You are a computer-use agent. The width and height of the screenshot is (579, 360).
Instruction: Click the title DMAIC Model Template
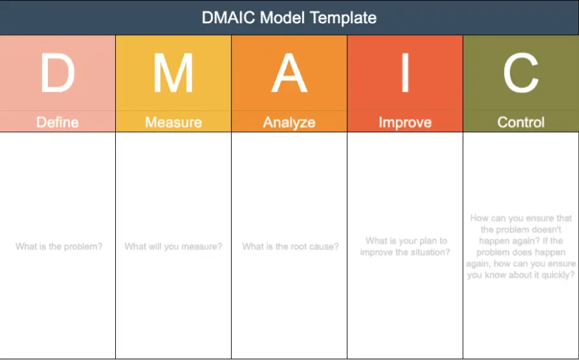[x=289, y=17]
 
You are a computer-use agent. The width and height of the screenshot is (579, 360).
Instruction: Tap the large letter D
[x=58, y=73]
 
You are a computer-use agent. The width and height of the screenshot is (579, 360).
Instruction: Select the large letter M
[x=173, y=73]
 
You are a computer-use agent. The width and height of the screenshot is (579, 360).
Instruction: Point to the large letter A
[x=289, y=73]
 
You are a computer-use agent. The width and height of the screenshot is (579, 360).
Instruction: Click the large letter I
[x=405, y=73]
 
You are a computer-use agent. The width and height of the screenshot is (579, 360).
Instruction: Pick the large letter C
[x=521, y=73]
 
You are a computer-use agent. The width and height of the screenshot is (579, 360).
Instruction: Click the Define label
[x=58, y=122]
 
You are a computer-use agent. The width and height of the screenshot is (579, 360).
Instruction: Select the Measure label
[x=173, y=122]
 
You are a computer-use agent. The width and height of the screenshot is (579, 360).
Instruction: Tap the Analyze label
[x=289, y=122]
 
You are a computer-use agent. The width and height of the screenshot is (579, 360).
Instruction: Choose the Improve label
[x=405, y=122]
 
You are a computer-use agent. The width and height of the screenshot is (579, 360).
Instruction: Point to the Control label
[x=521, y=122]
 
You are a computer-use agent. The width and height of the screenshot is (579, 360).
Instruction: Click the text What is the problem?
[x=59, y=247]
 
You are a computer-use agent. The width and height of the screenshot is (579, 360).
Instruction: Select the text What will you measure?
[x=173, y=247]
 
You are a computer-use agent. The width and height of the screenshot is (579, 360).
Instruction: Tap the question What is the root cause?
[x=290, y=247]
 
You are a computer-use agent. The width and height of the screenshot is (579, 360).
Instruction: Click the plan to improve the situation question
[x=406, y=247]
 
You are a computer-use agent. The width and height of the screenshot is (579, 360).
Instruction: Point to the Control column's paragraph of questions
[x=521, y=247]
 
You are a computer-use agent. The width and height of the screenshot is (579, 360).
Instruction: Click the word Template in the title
[x=344, y=17]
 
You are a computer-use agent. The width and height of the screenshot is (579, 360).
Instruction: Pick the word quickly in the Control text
[x=556, y=275]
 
